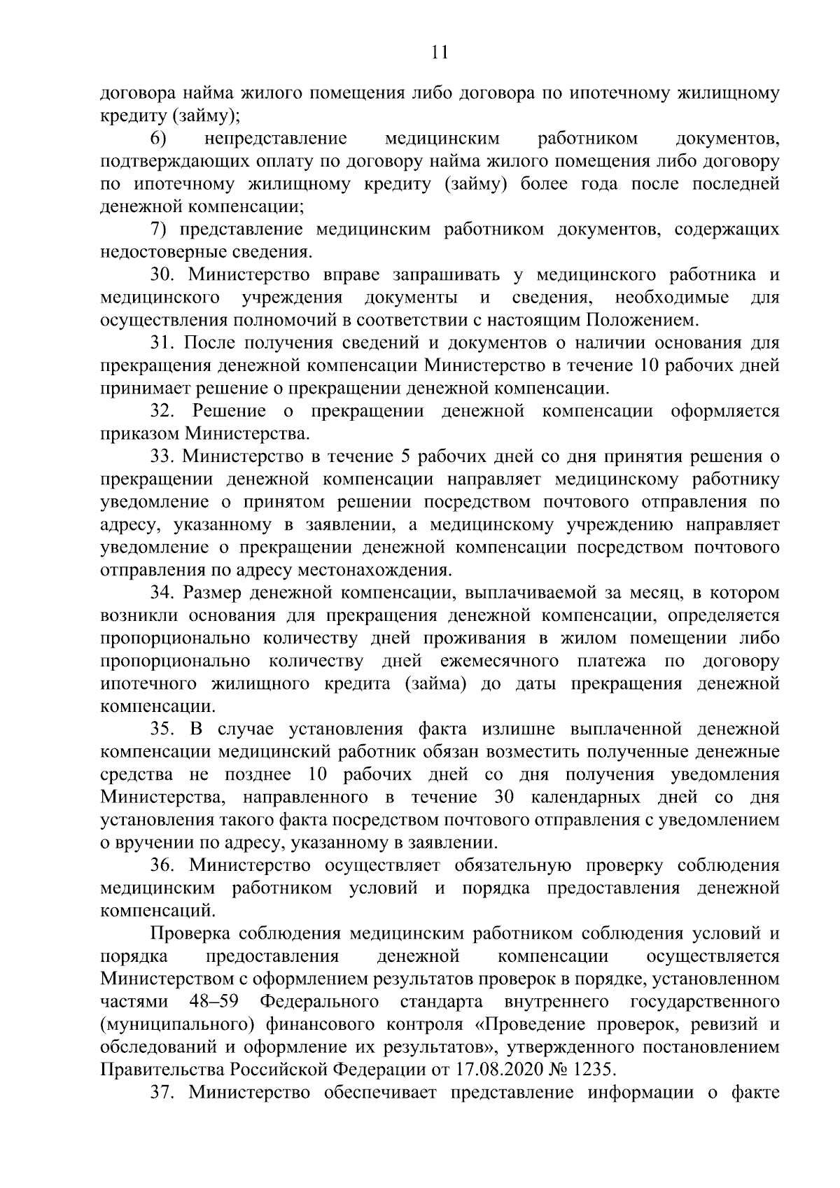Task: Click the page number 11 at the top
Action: click(440, 53)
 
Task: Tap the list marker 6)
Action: click(158, 139)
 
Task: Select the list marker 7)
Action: click(160, 230)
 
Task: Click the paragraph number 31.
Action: click(162, 343)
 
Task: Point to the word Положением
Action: click(642, 321)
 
